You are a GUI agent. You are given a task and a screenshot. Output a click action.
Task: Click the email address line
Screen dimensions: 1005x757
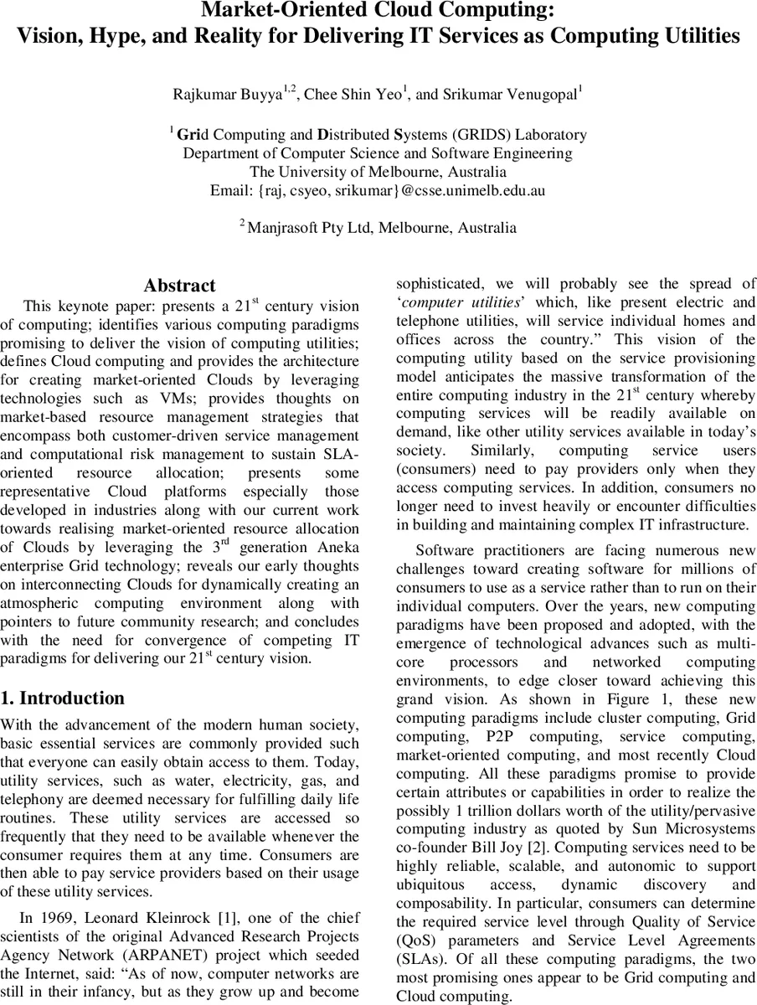tap(378, 190)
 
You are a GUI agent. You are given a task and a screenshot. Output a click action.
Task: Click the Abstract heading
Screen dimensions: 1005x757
tap(179, 286)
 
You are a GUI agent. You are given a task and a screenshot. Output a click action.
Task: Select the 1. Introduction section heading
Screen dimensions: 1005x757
tap(63, 698)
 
